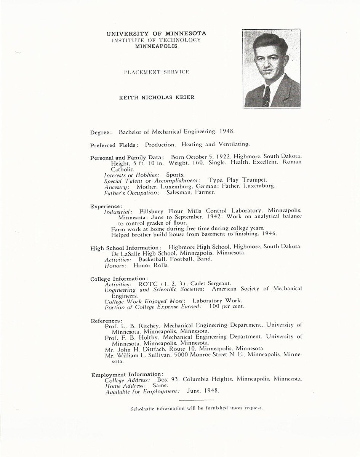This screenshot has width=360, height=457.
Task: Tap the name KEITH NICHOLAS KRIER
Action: pyautogui.click(x=157, y=97)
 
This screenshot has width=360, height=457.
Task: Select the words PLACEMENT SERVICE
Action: pyautogui.click(x=157, y=72)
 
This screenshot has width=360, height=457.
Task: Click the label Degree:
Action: pyautogui.click(x=101, y=133)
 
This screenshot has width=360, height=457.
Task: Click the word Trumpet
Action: pyautogui.click(x=254, y=180)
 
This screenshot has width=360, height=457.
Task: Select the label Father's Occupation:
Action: pyautogui.click(x=126, y=193)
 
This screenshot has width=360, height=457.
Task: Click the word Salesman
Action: pyautogui.click(x=179, y=193)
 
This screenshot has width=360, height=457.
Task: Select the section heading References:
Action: pyautogui.click(x=107, y=321)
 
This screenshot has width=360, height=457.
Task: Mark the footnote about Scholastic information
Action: pyautogui.click(x=196, y=408)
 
